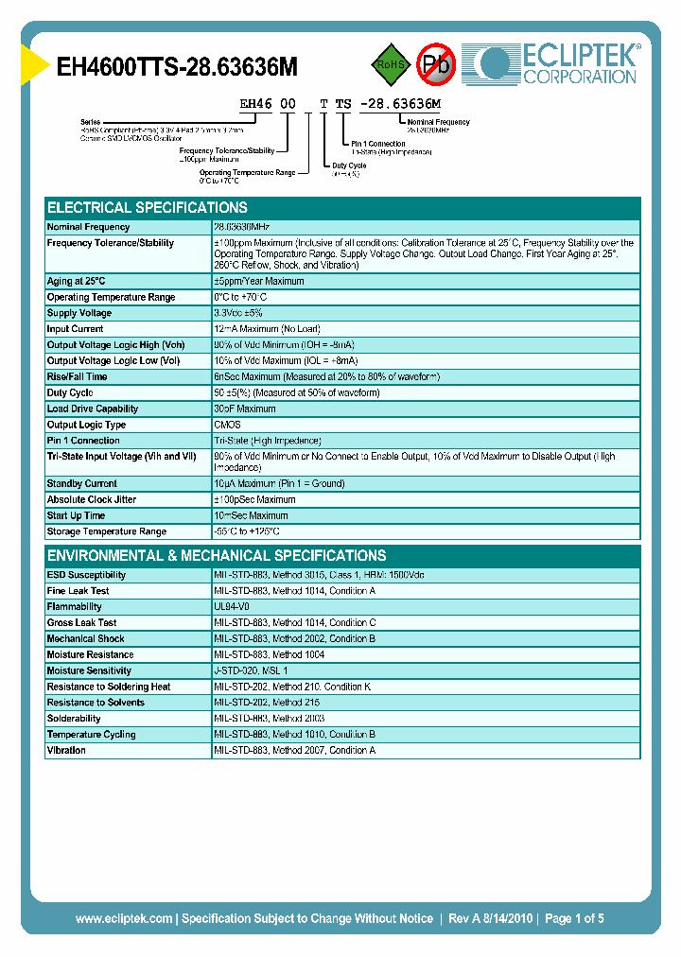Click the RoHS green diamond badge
click(x=389, y=64)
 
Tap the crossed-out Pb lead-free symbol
click(x=436, y=64)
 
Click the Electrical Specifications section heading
click(x=148, y=207)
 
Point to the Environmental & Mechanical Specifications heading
click(x=217, y=555)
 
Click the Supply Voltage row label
click(x=79, y=313)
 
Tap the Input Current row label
click(x=76, y=329)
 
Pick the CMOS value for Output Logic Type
click(x=228, y=425)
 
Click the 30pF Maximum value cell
click(x=245, y=409)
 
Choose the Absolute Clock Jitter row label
click(x=92, y=499)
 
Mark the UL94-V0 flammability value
click(x=233, y=607)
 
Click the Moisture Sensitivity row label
click(x=89, y=670)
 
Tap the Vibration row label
click(x=66, y=750)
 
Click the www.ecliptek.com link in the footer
click(x=124, y=918)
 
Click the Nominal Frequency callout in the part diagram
click(x=438, y=123)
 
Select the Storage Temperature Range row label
click(x=107, y=531)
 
